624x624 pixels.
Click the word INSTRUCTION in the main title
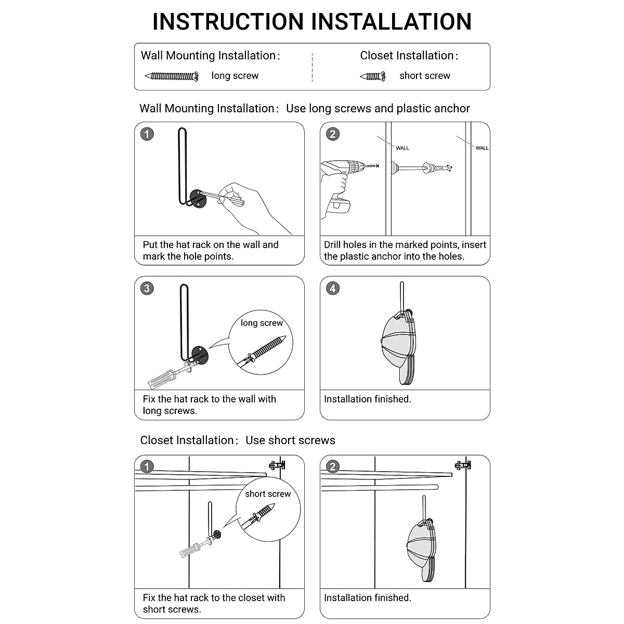229,22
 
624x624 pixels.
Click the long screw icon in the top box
172,76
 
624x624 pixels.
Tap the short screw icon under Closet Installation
372,76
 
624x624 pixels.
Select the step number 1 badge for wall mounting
147,134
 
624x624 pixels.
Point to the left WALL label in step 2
402,148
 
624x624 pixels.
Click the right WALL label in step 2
482,148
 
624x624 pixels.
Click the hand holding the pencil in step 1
250,203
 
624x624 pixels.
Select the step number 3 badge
147,288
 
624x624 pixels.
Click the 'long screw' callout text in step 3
262,323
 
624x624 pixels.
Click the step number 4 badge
333,288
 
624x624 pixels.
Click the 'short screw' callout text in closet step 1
268,494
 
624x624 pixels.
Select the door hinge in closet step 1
277,464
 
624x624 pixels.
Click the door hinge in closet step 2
463,464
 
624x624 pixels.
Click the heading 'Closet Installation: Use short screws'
238,440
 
